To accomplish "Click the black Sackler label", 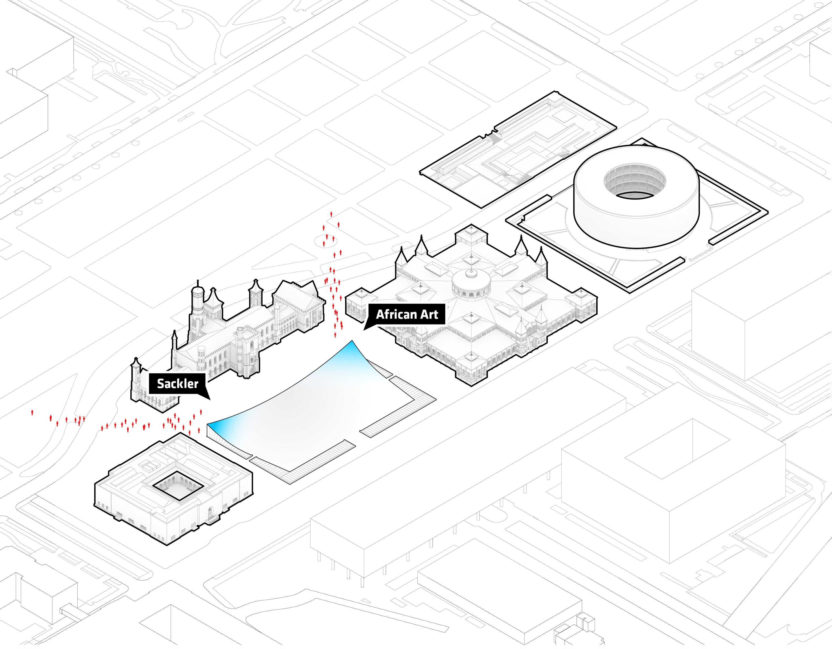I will (x=177, y=383).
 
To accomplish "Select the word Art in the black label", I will (x=429, y=314).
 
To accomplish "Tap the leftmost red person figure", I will (x=32, y=412).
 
